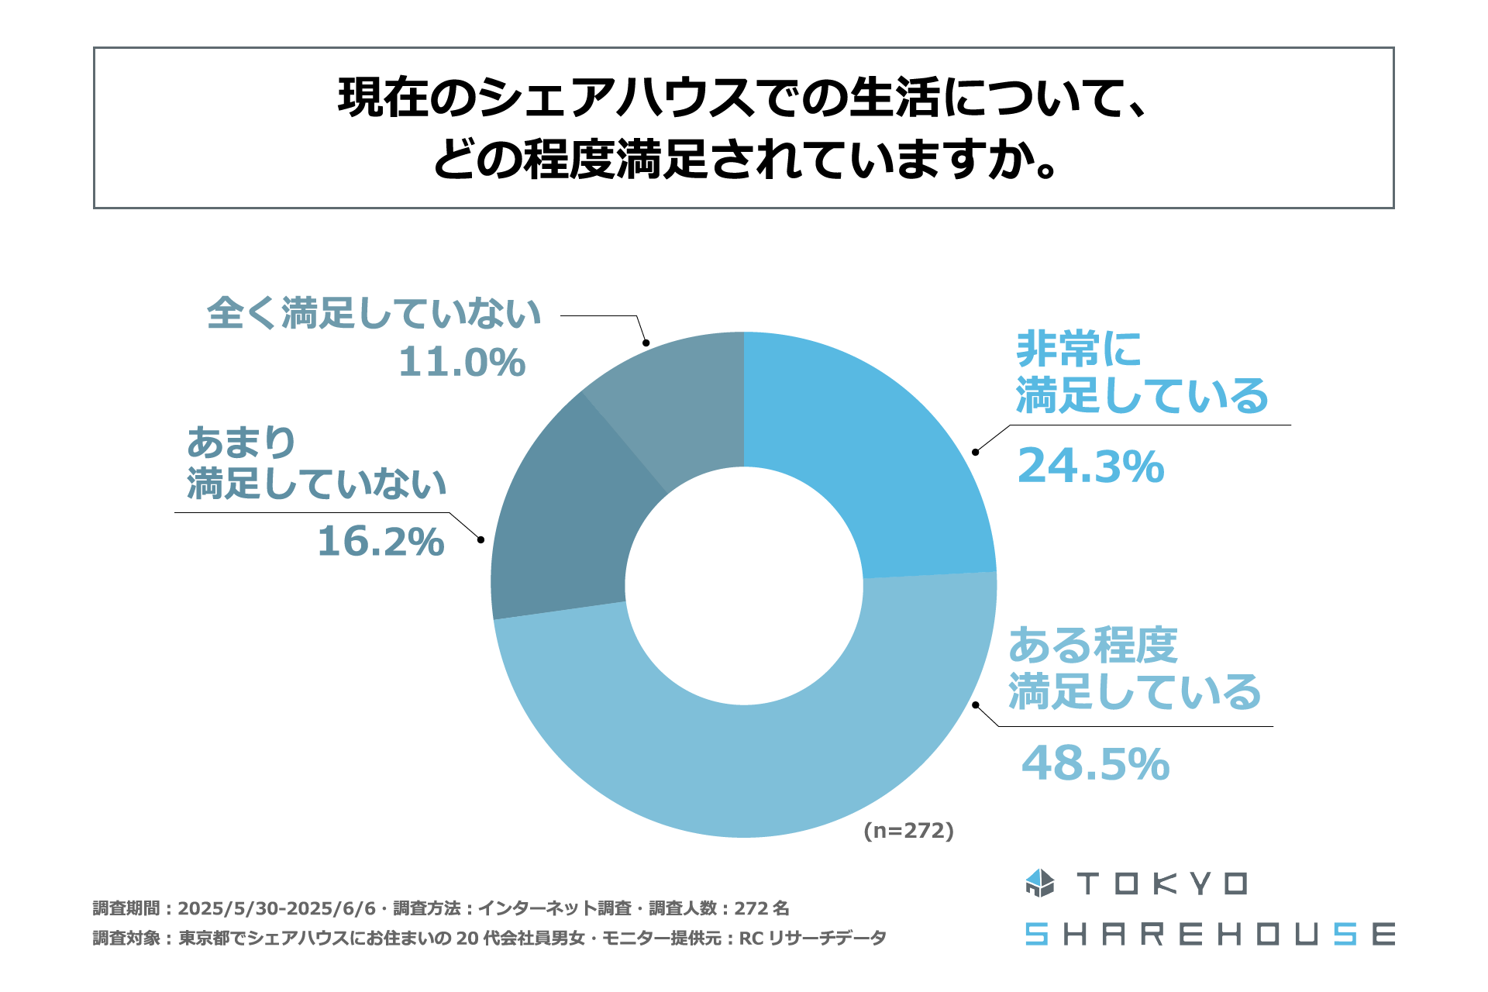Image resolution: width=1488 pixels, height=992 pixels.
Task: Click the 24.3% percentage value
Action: click(x=1090, y=467)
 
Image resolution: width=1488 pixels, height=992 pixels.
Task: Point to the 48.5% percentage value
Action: click(x=1095, y=764)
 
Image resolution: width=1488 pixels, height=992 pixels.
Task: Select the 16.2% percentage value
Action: click(x=381, y=542)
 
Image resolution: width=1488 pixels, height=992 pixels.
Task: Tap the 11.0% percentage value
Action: click(x=462, y=362)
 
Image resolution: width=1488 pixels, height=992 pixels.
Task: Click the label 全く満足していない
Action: click(x=374, y=313)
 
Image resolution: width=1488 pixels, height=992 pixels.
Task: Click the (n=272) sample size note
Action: click(x=908, y=831)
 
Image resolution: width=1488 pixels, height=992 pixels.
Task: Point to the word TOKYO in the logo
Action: click(x=1162, y=884)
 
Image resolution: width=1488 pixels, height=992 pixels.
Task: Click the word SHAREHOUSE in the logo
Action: click(x=1210, y=935)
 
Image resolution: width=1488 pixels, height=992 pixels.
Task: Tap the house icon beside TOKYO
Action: click(x=1039, y=883)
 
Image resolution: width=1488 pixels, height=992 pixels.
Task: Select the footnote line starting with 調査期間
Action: click(x=441, y=908)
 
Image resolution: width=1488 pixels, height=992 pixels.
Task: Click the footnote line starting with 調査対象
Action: click(x=489, y=939)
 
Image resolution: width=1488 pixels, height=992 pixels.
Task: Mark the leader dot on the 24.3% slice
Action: click(x=976, y=452)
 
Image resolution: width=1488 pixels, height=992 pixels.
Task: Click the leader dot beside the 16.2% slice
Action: click(x=480, y=539)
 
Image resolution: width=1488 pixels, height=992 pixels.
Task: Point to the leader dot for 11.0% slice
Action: click(x=646, y=343)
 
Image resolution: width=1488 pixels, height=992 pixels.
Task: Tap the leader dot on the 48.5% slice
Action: click(x=976, y=705)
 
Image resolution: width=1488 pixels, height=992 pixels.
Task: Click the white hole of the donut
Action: click(x=744, y=586)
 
